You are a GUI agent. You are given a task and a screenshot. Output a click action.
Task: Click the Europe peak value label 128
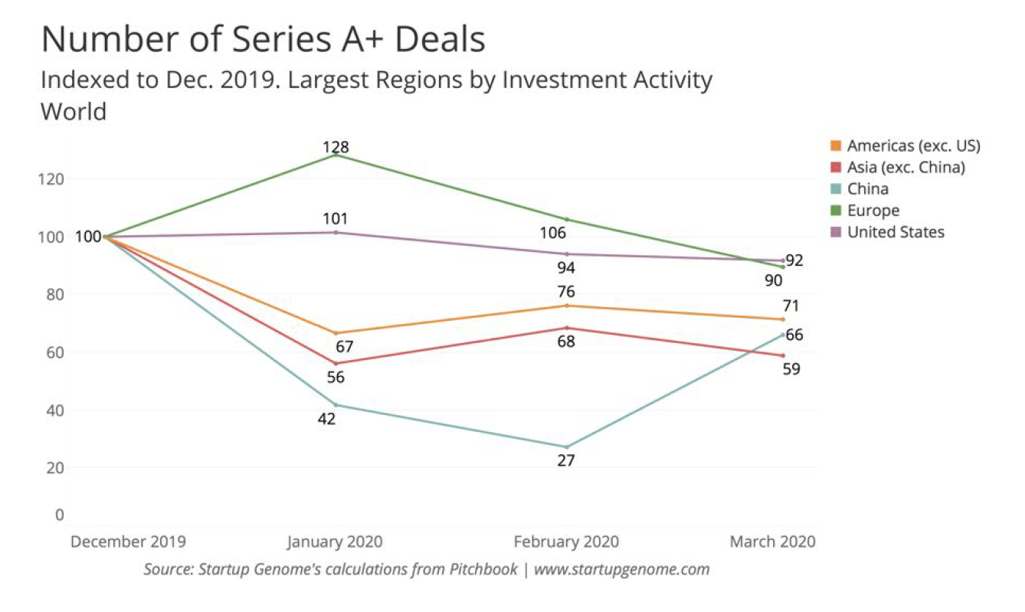pos(336,146)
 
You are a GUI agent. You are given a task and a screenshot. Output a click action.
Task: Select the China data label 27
pos(566,460)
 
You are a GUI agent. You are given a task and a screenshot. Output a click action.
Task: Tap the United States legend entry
pos(896,232)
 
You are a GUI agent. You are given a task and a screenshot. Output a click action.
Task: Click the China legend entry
pos(868,188)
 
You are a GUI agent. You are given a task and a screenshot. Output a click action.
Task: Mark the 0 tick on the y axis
pos(58,515)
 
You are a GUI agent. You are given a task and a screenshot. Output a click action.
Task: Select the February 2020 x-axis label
pos(566,542)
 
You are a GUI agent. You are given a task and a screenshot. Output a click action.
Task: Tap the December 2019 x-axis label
pos(128,542)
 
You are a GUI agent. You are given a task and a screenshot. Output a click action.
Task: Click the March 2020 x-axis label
pos(772,542)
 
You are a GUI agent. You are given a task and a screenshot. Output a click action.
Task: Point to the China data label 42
pos(327,419)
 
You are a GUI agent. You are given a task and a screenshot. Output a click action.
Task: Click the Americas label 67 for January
pos(344,347)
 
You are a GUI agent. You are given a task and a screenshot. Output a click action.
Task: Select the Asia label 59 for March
pos(792,368)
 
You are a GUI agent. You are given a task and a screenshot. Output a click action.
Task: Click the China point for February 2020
pos(567,447)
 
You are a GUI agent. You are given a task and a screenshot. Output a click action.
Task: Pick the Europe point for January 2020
pos(336,155)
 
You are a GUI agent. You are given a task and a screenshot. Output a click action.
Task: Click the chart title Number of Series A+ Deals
pos(263,39)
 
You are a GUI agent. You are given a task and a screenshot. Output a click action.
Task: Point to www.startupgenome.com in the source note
pos(621,569)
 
